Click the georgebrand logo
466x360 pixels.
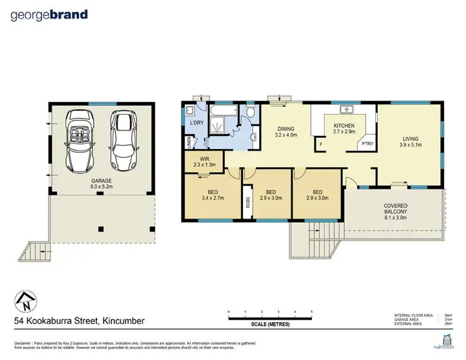49,15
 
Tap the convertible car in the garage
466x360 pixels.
82,140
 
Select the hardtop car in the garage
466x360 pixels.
122,140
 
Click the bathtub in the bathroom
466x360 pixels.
224,111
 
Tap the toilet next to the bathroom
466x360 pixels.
250,112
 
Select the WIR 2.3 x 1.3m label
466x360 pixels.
203,163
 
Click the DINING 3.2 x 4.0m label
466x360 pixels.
286,131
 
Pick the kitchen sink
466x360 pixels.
350,110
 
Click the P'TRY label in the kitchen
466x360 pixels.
368,144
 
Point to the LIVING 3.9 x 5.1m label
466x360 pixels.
410,142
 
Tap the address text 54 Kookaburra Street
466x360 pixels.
80,321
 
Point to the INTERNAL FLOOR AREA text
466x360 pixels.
413,315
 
